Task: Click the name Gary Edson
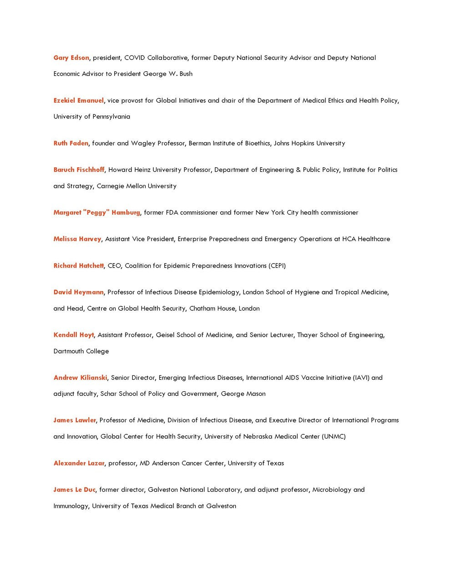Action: click(x=71, y=58)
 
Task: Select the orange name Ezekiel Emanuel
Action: click(x=78, y=100)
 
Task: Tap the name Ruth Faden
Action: click(x=71, y=143)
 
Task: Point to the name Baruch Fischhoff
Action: click(x=79, y=169)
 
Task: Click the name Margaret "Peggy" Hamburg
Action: click(x=96, y=212)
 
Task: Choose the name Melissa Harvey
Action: click(x=77, y=239)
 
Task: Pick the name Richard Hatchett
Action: click(x=78, y=265)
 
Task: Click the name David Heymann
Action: click(x=78, y=292)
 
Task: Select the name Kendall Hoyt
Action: click(x=73, y=335)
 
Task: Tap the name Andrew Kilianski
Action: click(x=80, y=378)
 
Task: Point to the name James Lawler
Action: click(x=75, y=420)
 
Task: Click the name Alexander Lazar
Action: click(x=79, y=463)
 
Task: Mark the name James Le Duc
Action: click(x=74, y=489)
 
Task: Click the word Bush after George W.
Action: click(x=186, y=74)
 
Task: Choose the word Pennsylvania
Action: click(x=111, y=117)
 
